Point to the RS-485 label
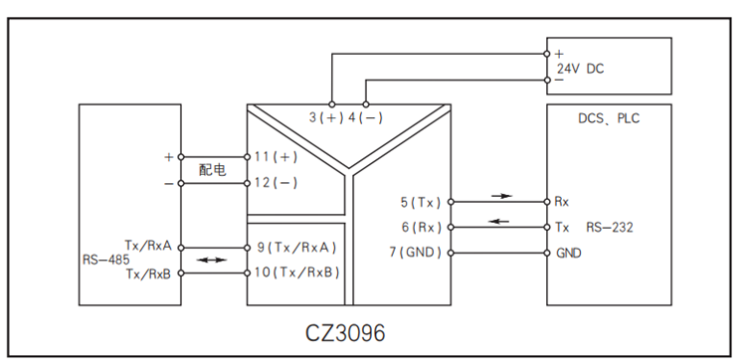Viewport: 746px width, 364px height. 105,259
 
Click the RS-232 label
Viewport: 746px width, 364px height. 609,227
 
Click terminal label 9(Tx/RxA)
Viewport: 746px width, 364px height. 296,247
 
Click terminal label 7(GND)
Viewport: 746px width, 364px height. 414,253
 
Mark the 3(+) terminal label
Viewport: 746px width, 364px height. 325,117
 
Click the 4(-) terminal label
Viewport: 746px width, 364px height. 366,117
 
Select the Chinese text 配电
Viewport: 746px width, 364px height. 212,170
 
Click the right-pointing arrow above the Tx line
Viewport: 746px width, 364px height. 503,196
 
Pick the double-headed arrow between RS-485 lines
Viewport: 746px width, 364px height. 211,261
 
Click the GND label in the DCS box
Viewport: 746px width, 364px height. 568,253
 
